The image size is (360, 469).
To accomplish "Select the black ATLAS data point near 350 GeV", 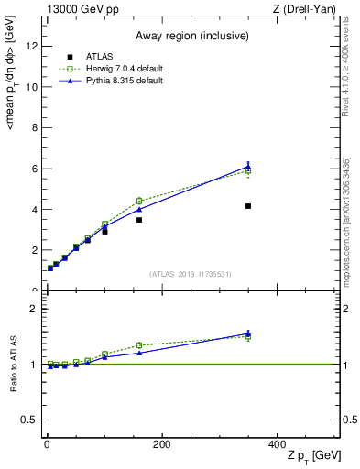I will pyautogui.click(x=248, y=206).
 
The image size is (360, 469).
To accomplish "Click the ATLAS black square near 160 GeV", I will pyautogui.click(x=139, y=220).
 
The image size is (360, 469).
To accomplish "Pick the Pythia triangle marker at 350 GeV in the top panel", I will pyautogui.click(x=248, y=167).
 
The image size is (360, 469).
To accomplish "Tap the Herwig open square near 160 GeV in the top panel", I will pyautogui.click(x=139, y=201).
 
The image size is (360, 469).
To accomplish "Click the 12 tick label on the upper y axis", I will pyautogui.click(x=32, y=47).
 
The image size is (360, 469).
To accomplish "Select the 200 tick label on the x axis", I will pyautogui.click(x=161, y=445).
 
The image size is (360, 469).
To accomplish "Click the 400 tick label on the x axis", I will pyautogui.click(x=277, y=445).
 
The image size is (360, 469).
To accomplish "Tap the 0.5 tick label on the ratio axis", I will pyautogui.click(x=29, y=420).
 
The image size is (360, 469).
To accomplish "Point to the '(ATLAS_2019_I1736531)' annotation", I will pyautogui.click(x=191, y=274).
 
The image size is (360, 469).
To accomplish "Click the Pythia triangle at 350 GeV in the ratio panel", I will pyautogui.click(x=248, y=333).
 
